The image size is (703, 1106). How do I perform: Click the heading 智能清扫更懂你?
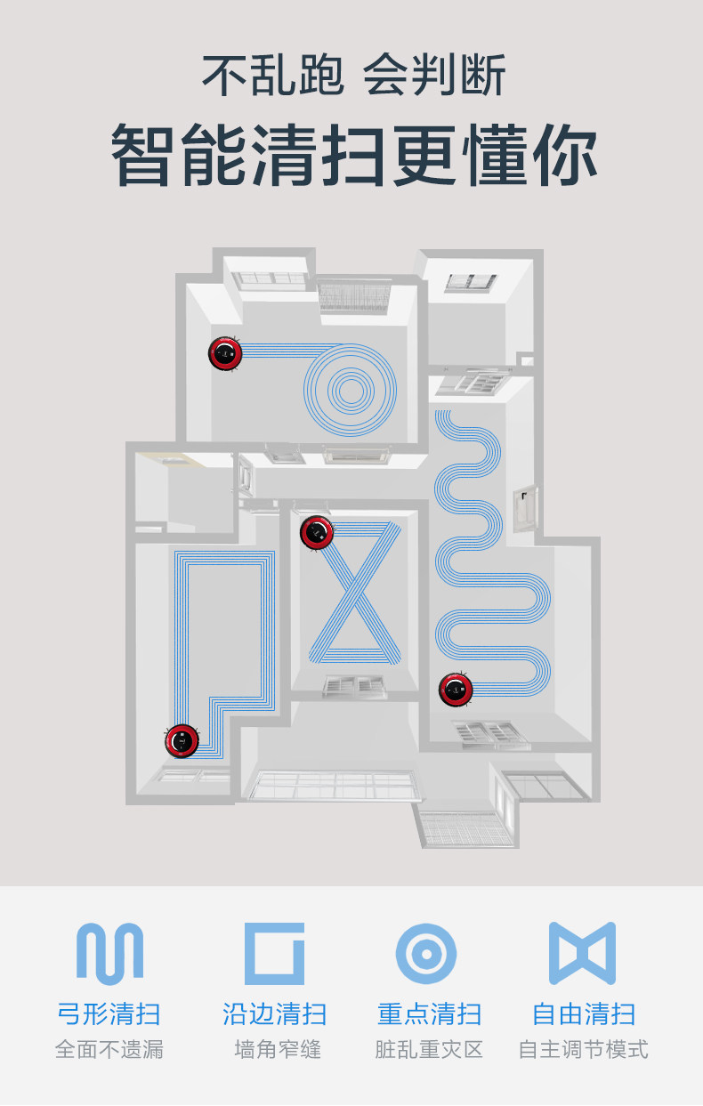(x=352, y=157)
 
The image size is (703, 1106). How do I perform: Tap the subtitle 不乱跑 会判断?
(x=352, y=75)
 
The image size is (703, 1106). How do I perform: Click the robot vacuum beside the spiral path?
(x=225, y=353)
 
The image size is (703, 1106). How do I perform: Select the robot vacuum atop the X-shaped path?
(x=317, y=532)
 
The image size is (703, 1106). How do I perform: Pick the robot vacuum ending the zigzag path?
(x=456, y=689)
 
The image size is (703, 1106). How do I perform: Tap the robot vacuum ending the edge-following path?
(x=182, y=740)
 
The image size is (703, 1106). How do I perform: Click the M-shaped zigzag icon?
(x=109, y=952)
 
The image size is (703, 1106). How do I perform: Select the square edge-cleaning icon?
(x=274, y=952)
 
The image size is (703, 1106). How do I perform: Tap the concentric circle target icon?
(x=426, y=953)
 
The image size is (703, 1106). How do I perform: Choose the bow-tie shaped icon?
(x=582, y=952)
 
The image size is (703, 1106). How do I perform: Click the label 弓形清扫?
(x=109, y=1013)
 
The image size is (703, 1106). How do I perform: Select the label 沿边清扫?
(x=274, y=1013)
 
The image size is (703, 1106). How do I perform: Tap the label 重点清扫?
(x=429, y=1013)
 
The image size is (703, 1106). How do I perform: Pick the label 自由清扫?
(x=584, y=1013)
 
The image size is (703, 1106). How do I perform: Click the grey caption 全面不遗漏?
(x=109, y=1050)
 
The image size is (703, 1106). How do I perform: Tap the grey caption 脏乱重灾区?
(x=429, y=1050)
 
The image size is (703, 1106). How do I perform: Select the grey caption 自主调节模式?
(x=584, y=1050)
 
